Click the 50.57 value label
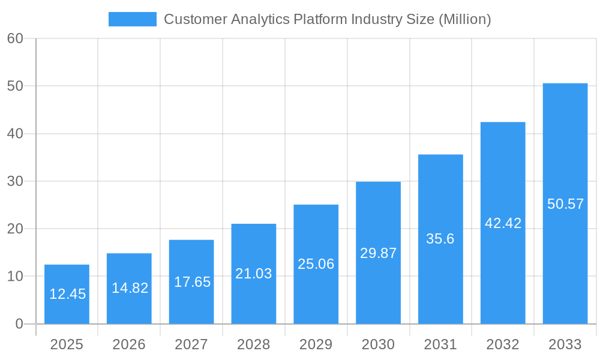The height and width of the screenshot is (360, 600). click(565, 204)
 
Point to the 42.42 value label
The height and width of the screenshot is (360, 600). click(503, 223)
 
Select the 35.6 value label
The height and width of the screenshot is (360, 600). click(440, 239)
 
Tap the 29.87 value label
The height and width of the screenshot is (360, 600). click(378, 253)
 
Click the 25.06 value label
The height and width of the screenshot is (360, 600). click(316, 264)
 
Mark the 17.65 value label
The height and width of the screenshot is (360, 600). click(192, 282)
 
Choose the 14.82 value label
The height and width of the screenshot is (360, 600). click(130, 288)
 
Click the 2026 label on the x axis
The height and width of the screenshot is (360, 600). click(129, 344)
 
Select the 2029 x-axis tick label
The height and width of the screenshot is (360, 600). click(316, 344)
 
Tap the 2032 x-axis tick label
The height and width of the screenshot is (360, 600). click(503, 344)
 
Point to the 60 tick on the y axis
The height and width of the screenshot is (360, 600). click(15, 38)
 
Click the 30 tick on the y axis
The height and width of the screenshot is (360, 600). click(15, 181)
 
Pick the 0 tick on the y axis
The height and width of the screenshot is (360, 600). click(19, 324)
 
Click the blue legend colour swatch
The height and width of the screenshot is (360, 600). click(132, 19)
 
